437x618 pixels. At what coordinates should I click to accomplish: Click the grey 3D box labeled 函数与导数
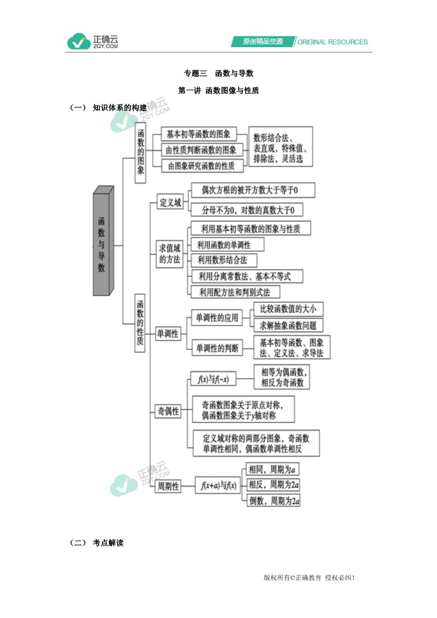coord(103,241)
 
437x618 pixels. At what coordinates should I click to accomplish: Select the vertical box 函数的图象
coord(140,153)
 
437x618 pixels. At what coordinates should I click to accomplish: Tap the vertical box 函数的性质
coord(140,323)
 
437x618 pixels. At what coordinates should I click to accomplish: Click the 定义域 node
coord(170,202)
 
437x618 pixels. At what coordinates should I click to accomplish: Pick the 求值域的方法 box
coord(169,254)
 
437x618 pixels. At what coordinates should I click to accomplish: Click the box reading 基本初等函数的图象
coord(199,134)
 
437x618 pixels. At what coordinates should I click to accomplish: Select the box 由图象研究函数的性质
coord(202,166)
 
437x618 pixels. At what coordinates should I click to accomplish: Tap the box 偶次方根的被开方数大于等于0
coord(253,190)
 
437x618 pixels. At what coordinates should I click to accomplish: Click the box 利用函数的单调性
coord(227,245)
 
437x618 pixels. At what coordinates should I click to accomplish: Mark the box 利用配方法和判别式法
coord(235,292)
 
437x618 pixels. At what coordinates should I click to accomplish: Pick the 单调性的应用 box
coord(217,317)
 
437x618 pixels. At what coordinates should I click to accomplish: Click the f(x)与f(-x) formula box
coord(213,379)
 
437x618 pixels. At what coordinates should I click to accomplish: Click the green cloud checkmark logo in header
coord(79,41)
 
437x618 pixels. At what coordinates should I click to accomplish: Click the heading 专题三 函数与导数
coord(218,73)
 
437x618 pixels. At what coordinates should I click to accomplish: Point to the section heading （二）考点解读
coord(97,543)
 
